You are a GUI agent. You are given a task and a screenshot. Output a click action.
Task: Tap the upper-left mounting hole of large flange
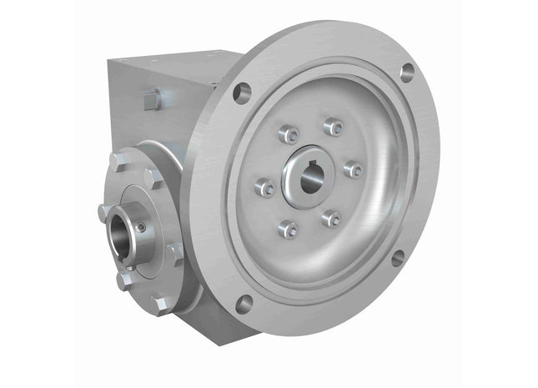coord(243,92)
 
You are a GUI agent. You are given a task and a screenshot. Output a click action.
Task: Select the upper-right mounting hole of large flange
coord(407,72)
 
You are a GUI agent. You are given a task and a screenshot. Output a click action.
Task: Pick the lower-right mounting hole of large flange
coord(398,259)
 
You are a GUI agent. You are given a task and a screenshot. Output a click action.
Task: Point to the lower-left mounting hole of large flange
coord(243,304)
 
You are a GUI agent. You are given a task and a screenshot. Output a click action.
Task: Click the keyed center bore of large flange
coord(310,177)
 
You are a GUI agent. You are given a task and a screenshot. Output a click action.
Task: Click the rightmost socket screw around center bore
coord(354,169)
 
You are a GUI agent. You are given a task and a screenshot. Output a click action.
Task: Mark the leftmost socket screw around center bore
coord(266,188)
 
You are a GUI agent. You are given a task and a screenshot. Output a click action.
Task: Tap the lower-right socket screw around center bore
coord(332,219)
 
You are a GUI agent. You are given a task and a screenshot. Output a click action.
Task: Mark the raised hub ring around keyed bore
coord(310,196)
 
